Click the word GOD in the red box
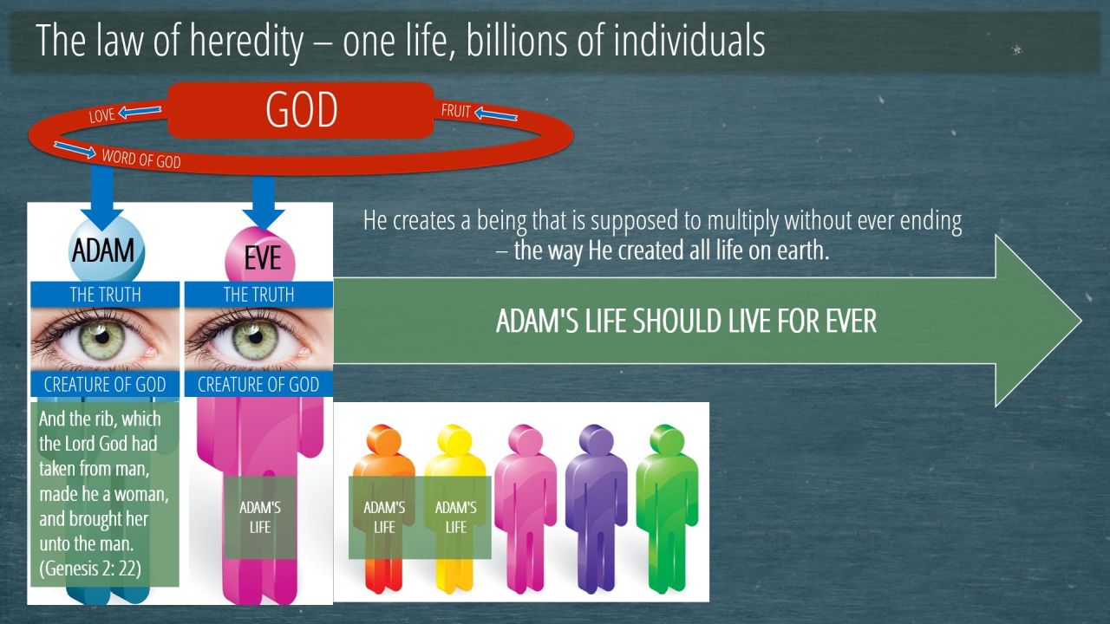[x=301, y=109]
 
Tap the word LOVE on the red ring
[x=101, y=115]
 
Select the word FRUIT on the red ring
[x=455, y=110]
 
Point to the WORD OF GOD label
[x=141, y=159]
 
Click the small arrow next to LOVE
[x=140, y=111]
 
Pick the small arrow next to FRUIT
[x=495, y=114]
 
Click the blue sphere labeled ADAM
[x=106, y=249]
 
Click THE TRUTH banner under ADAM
[x=105, y=295]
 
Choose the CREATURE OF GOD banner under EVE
[x=258, y=384]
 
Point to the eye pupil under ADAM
[x=102, y=337]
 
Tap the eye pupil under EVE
[x=256, y=337]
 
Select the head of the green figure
[x=668, y=439]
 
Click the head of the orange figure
[x=384, y=439]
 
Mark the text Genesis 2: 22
[x=90, y=569]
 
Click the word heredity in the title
[x=246, y=41]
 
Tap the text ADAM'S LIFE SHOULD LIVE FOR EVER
[x=686, y=321]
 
